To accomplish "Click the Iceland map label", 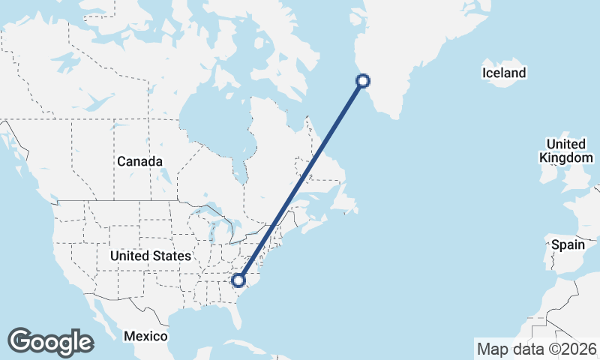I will click(504, 73).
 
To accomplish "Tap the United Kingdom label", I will click(565, 151).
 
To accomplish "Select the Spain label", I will click(567, 244).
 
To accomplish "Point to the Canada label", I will click(139, 161).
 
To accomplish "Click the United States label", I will click(150, 256).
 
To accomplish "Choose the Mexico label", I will click(146, 336).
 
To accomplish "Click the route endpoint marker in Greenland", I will click(363, 81).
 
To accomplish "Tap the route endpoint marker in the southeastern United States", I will click(238, 280).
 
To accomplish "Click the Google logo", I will click(50, 342).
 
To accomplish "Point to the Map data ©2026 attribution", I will click(537, 349).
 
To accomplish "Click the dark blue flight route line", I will click(301, 181).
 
